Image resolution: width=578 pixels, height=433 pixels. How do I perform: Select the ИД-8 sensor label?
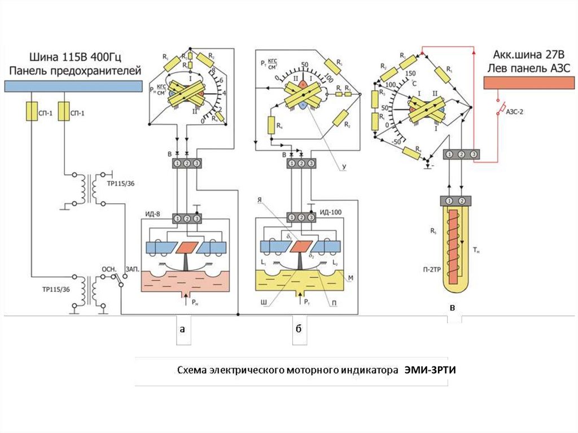tap(156, 213)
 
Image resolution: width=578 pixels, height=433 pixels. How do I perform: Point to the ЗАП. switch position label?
tap(134, 269)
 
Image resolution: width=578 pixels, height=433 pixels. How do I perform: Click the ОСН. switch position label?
tap(108, 269)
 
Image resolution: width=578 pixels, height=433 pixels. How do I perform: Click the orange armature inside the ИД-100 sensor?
tap(300, 247)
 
